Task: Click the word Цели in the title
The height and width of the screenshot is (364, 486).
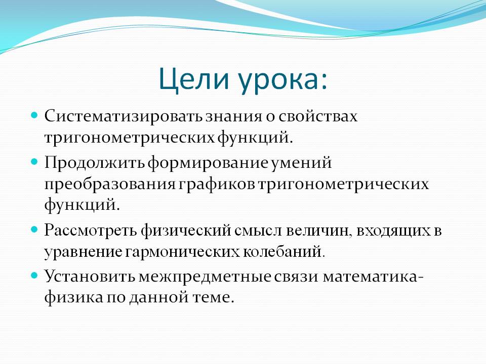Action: [194, 79]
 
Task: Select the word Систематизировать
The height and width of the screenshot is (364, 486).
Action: [123, 117]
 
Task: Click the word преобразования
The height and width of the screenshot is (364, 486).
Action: [110, 185]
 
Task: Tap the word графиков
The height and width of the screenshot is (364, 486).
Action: [216, 185]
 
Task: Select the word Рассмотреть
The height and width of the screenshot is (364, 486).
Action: [91, 231]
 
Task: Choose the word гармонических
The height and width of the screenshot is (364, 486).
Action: [183, 252]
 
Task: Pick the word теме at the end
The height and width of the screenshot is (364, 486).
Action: [212, 298]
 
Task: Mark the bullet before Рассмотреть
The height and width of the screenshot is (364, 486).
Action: [34, 230]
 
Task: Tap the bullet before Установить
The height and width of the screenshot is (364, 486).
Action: [34, 275]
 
